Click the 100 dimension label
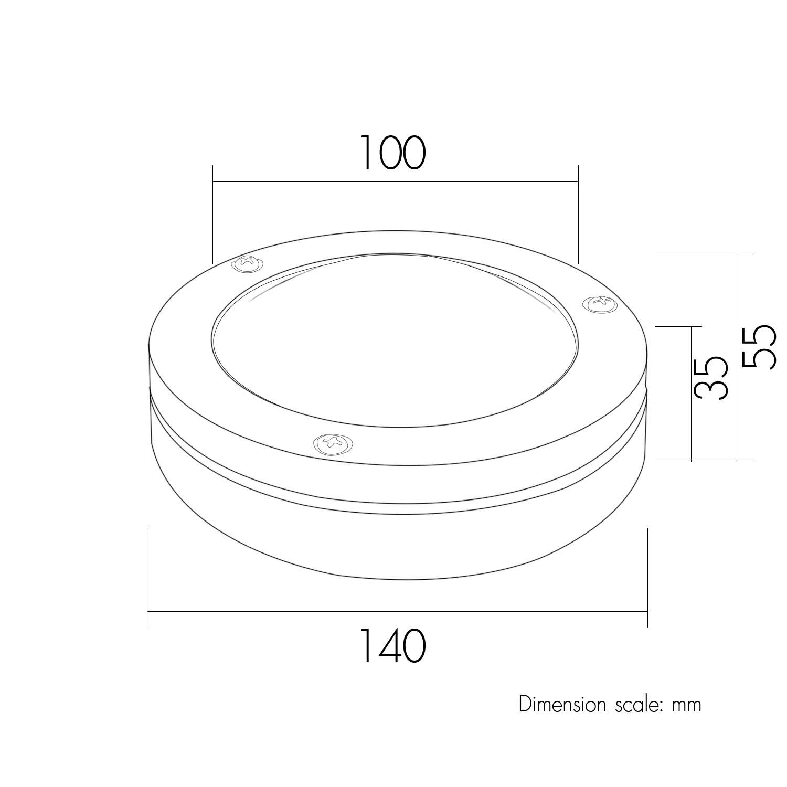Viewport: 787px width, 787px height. (x=393, y=153)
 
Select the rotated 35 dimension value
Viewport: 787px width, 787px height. (x=711, y=378)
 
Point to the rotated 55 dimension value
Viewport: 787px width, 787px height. (x=758, y=347)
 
